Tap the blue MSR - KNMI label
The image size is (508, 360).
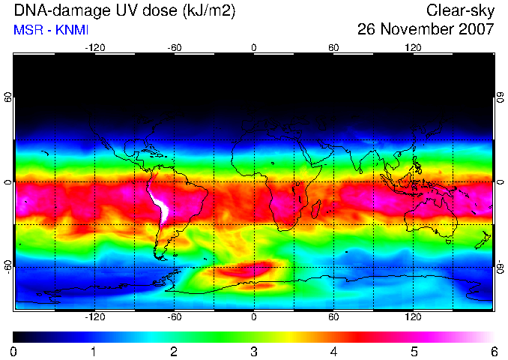[51, 30]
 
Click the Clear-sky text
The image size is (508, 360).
[460, 11]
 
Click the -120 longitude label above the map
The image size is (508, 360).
[95, 48]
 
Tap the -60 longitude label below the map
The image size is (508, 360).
[175, 316]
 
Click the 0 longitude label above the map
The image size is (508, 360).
[254, 48]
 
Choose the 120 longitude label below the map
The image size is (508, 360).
[413, 316]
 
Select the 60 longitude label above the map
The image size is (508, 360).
[333, 48]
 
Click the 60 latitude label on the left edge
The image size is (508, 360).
[8, 97]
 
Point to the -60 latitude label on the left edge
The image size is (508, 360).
[8, 266]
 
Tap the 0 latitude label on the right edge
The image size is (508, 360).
[501, 182]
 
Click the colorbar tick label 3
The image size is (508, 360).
[254, 352]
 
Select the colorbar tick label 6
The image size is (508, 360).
[495, 352]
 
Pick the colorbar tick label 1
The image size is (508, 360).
[94, 352]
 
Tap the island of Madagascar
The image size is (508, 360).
[316, 208]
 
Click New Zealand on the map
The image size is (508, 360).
[484, 240]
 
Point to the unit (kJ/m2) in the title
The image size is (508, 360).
[209, 11]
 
